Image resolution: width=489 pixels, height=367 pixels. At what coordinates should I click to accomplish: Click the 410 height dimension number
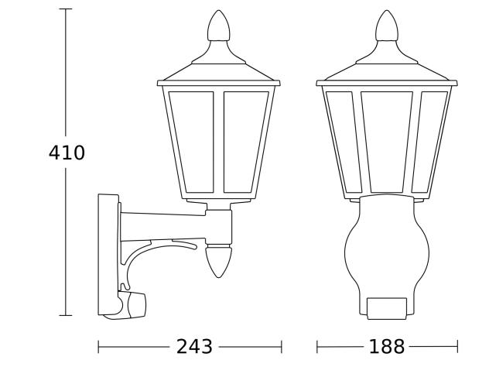(x=67, y=153)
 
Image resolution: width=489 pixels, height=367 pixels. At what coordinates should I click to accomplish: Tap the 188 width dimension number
(x=386, y=347)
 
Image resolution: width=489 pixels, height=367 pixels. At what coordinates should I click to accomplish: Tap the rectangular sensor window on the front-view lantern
(x=386, y=307)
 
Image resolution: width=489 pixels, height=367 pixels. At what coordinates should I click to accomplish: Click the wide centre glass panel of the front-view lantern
(x=387, y=141)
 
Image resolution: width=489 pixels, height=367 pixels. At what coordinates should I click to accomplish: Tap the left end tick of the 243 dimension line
(x=99, y=347)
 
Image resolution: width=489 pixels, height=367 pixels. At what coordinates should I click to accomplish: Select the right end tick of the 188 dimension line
(x=457, y=347)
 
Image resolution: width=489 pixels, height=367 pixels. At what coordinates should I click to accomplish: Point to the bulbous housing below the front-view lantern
(x=386, y=248)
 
